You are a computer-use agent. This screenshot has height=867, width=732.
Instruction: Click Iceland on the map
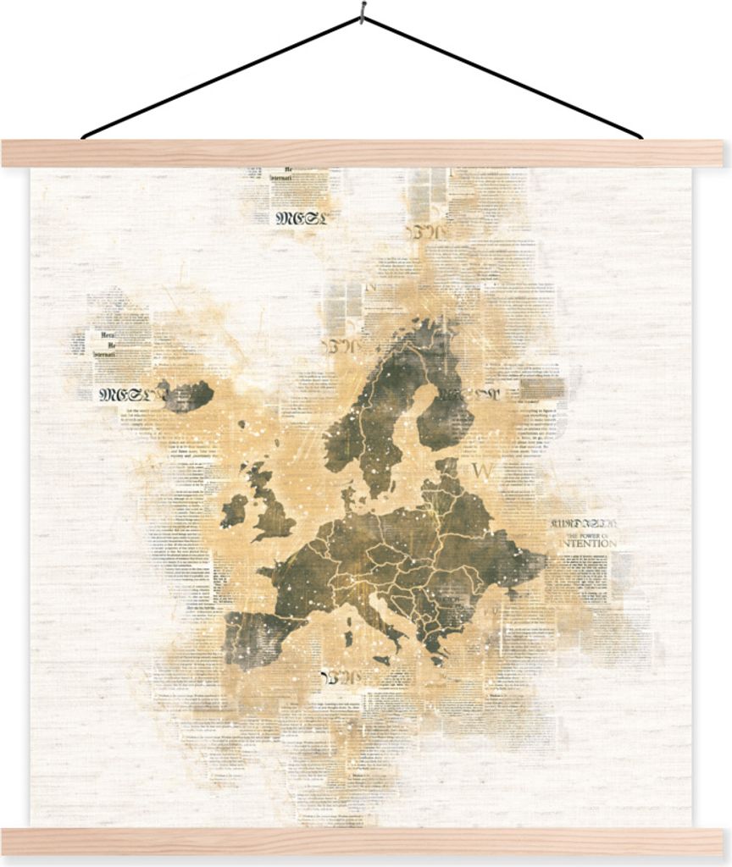point(188,394)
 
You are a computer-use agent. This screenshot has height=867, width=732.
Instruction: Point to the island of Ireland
point(234,511)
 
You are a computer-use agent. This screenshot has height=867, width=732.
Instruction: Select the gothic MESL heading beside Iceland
point(123,394)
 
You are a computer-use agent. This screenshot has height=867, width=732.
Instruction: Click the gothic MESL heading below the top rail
point(298,217)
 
